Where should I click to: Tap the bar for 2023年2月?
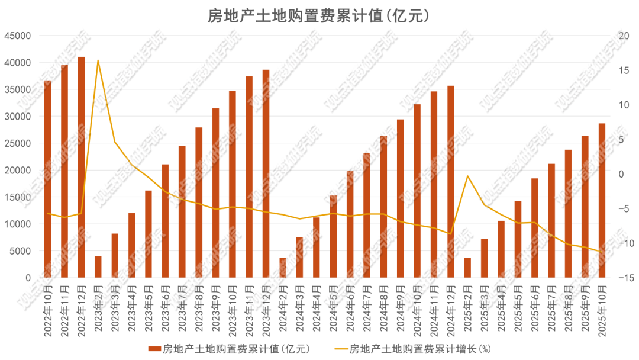click(x=98, y=267)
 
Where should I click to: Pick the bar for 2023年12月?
click(x=266, y=173)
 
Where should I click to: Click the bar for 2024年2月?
click(x=283, y=268)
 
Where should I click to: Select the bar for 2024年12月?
click(x=451, y=182)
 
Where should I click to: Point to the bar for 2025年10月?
click(x=602, y=200)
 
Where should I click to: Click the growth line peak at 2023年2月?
click(x=98, y=60)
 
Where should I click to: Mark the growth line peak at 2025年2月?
click(x=467, y=176)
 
